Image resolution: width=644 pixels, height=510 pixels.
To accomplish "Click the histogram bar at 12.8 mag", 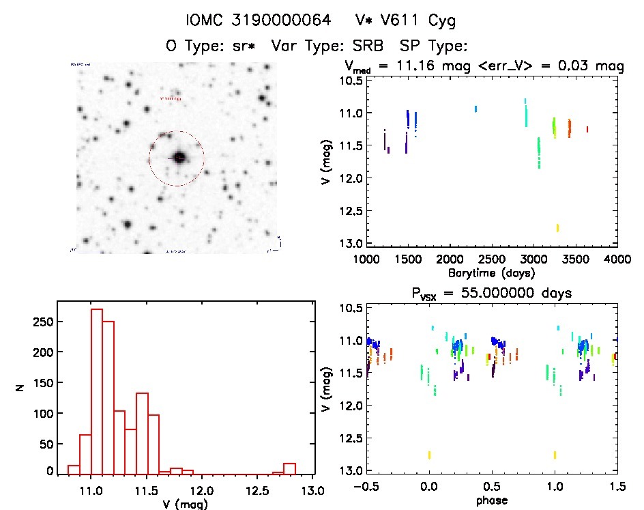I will [289, 468].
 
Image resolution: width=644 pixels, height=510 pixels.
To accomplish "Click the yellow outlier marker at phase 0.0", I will [429, 455].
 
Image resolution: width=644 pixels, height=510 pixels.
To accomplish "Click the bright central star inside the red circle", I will [179, 158].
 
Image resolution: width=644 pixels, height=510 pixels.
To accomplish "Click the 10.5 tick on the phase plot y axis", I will [350, 308].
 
